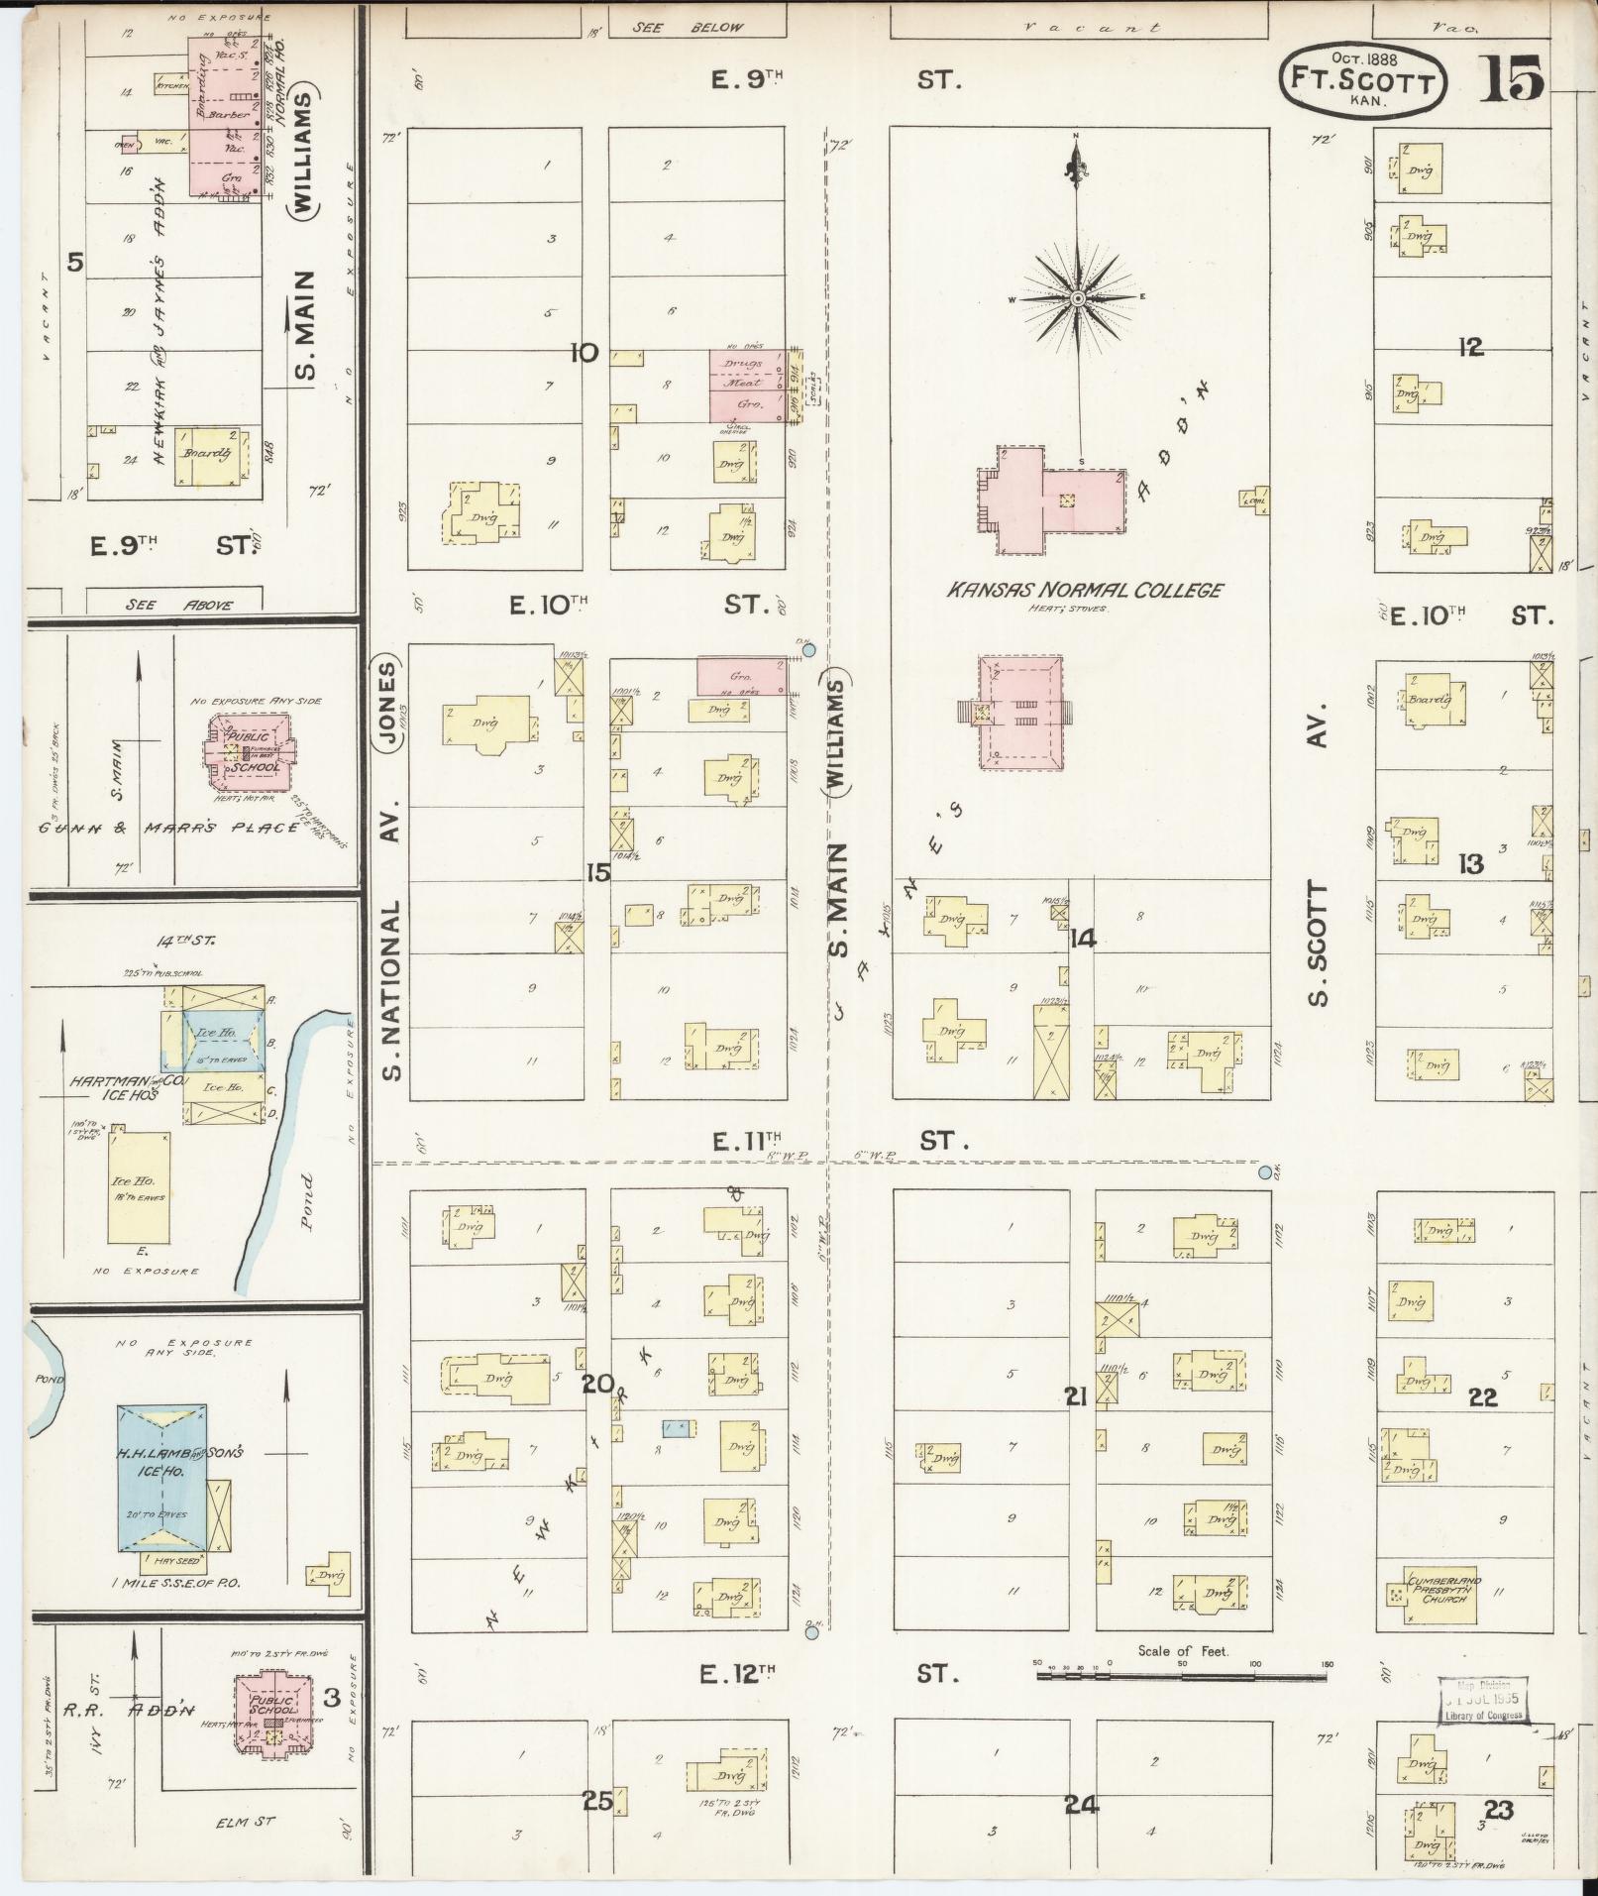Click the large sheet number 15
[1513, 79]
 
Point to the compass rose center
[1078, 297]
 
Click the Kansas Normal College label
[1085, 591]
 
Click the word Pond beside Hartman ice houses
[307, 1201]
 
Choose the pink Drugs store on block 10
[746, 364]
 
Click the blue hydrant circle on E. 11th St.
[1264, 1173]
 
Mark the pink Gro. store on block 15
[741, 676]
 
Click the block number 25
[597, 1801]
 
